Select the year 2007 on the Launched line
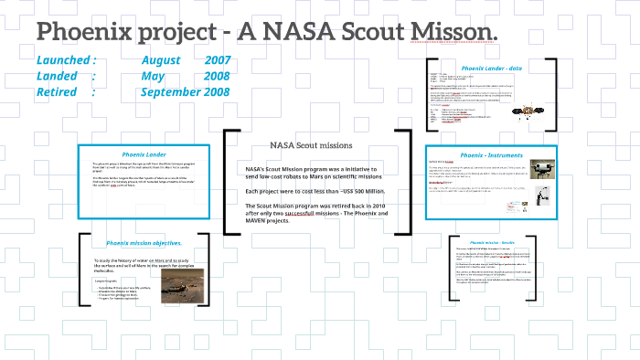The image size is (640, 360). (218, 59)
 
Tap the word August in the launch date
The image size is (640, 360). (162, 59)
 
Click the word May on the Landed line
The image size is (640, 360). (153, 76)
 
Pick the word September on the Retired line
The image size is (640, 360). (177, 92)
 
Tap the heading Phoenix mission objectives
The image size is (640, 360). (144, 243)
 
